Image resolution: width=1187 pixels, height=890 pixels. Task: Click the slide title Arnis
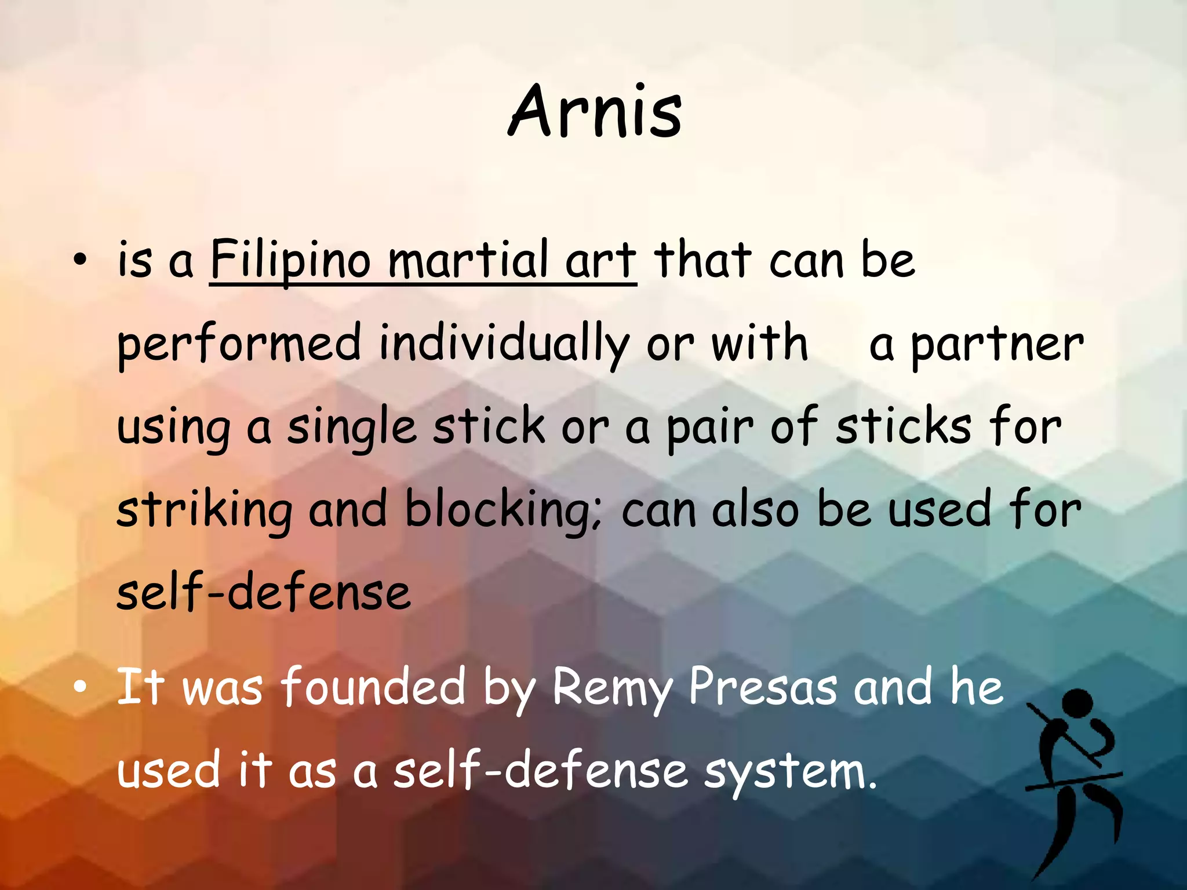[x=595, y=111]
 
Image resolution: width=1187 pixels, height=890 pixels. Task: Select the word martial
[x=467, y=260]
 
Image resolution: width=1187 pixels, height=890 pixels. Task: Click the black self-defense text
[x=264, y=592]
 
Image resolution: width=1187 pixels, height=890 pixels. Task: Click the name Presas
[x=763, y=687]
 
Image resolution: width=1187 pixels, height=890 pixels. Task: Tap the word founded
[x=373, y=687]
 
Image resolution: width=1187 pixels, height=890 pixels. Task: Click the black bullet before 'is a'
[x=80, y=261]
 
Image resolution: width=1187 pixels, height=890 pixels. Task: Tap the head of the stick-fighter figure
[x=1077, y=703]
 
